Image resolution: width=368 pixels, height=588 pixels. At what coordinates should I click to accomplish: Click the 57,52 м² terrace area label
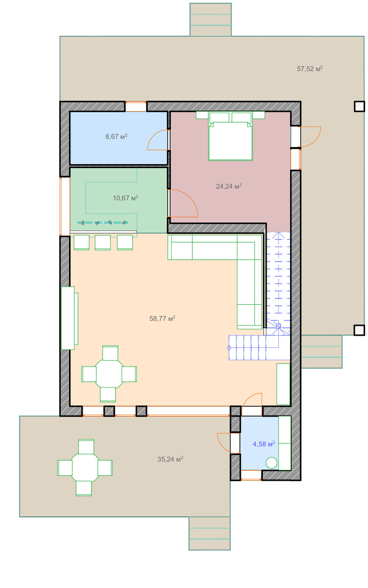click(310, 69)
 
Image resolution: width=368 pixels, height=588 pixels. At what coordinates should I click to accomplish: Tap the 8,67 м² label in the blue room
click(116, 137)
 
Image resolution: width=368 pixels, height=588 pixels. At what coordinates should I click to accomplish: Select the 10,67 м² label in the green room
click(126, 198)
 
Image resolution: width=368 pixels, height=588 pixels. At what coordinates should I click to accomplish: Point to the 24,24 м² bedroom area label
click(229, 186)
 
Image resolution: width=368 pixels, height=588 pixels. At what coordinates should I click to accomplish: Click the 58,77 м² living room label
click(162, 318)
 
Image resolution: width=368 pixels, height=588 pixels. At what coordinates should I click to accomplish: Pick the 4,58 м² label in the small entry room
click(264, 444)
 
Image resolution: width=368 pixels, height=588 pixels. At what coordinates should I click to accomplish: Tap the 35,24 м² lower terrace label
click(170, 459)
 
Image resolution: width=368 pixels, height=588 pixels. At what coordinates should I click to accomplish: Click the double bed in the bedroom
click(230, 136)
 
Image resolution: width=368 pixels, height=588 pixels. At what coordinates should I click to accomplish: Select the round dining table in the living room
click(109, 374)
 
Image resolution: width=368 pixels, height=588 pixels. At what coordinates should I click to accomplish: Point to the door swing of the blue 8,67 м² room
click(157, 140)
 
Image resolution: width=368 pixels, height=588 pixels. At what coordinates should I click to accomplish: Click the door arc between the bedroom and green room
click(183, 203)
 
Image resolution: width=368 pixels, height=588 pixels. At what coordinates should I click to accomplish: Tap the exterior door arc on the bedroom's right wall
click(311, 137)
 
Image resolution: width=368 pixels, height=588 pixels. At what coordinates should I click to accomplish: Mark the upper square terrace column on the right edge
click(359, 107)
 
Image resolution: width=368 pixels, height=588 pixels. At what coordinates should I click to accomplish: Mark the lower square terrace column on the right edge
click(359, 330)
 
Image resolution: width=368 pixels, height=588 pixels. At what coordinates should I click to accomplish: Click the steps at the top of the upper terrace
click(210, 20)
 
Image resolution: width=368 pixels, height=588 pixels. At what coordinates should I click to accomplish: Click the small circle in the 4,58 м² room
click(271, 463)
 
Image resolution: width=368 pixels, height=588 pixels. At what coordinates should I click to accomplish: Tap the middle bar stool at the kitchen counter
click(102, 242)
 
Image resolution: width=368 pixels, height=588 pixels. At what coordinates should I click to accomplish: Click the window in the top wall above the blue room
click(136, 107)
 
